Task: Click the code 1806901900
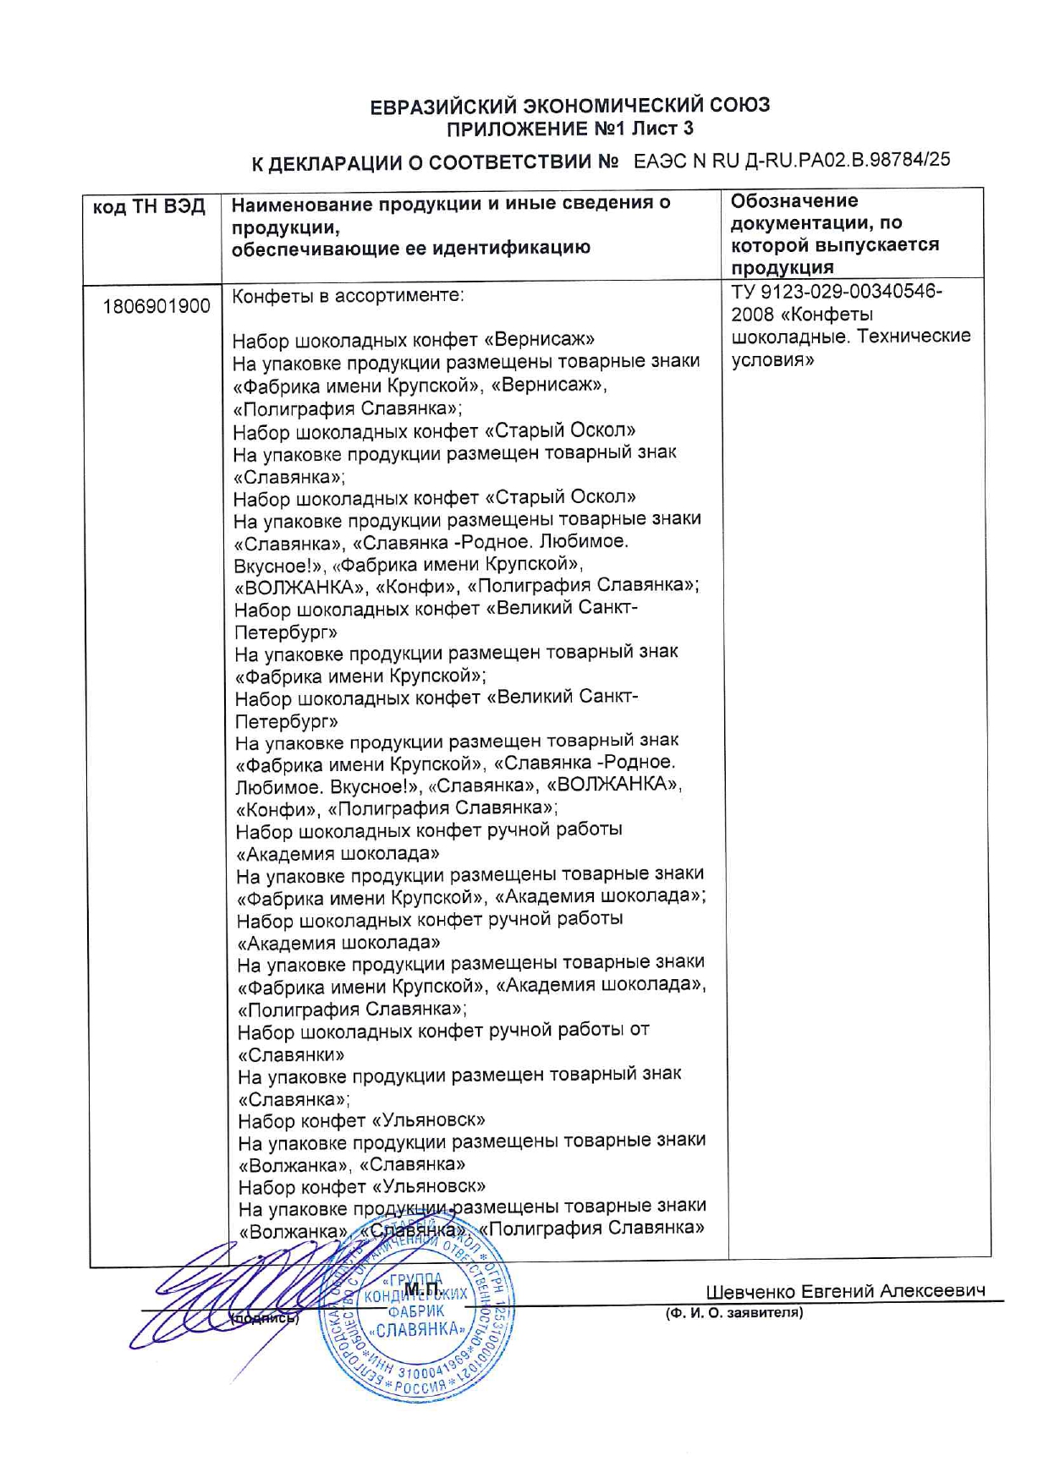(157, 306)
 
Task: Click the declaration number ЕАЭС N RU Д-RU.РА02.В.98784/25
(792, 160)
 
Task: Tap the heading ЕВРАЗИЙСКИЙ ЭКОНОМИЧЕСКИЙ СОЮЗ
(570, 106)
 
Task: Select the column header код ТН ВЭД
(149, 207)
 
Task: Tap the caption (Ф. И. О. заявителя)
(734, 1313)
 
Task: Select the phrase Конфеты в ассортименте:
(348, 296)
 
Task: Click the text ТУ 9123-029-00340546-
(837, 292)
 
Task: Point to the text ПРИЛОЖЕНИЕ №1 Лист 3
(570, 129)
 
